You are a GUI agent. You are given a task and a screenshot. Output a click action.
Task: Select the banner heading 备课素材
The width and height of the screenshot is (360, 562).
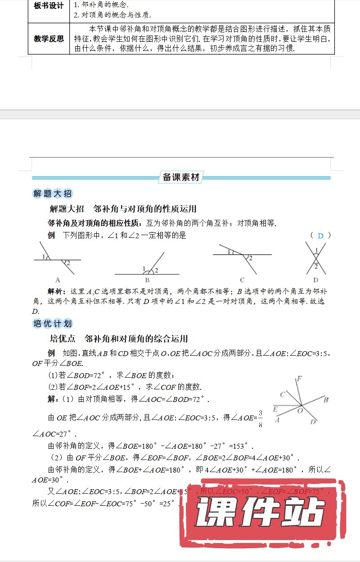pos(181,177)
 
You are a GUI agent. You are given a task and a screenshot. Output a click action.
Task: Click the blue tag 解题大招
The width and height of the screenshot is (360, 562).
pos(53,194)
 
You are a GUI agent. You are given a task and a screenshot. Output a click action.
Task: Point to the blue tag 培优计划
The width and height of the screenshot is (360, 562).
pos(53,324)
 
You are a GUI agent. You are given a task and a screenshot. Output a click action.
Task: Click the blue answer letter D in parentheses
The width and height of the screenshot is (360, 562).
pos(320,236)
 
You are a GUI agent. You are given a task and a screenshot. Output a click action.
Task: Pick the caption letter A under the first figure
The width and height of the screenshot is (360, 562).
pos(58,279)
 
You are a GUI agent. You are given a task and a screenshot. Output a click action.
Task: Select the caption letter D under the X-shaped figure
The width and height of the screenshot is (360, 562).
pos(316,280)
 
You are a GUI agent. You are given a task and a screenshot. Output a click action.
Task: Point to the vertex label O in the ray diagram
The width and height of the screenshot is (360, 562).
pos(299,410)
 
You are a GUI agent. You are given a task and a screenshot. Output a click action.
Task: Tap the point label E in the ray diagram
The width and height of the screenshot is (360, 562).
pos(275,409)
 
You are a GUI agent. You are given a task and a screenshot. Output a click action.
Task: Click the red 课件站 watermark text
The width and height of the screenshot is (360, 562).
pos(260,513)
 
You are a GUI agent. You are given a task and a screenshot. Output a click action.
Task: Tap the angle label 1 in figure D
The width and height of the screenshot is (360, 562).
pos(316,250)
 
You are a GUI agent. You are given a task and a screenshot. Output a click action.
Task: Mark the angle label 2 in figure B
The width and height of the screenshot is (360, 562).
pos(156,270)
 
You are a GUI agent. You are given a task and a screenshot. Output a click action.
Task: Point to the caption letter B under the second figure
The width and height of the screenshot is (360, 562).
pos(147,280)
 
